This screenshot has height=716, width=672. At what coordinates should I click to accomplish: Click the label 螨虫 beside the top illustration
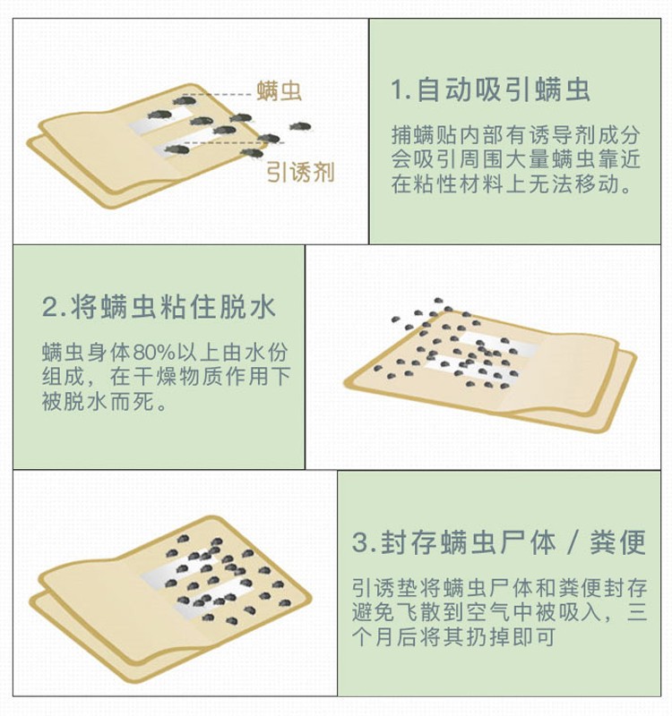click(x=279, y=90)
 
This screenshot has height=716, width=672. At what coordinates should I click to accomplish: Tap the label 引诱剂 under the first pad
click(x=300, y=173)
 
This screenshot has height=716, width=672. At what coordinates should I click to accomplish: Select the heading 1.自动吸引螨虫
click(x=490, y=89)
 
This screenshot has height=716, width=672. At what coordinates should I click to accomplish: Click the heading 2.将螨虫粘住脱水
click(x=159, y=307)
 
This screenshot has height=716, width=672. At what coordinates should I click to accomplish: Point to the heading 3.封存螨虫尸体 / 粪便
click(x=499, y=542)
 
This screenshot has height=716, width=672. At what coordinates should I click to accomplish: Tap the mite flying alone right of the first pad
click(x=300, y=126)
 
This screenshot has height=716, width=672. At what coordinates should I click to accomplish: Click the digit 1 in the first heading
click(x=396, y=90)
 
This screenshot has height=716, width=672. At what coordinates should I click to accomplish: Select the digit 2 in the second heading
click(x=49, y=307)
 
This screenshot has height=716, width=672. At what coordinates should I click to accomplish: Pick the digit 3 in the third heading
click(x=360, y=543)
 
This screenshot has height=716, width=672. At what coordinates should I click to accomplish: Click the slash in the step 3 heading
click(x=573, y=542)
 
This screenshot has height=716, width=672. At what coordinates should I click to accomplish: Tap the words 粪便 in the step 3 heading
click(x=617, y=542)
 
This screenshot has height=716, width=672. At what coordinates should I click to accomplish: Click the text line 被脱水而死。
click(x=105, y=401)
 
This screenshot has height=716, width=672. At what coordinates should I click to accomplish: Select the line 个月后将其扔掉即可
click(x=453, y=636)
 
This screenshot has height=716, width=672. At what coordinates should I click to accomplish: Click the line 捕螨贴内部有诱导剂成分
click(x=516, y=135)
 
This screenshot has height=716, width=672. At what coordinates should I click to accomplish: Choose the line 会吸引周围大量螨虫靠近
click(x=516, y=159)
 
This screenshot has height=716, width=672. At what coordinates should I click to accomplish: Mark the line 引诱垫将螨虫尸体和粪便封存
click(x=500, y=588)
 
